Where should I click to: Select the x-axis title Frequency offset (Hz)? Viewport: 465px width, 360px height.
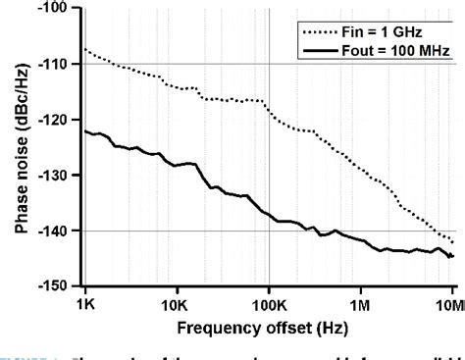click(269, 323)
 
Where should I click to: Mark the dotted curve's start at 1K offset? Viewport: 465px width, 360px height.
click(85, 49)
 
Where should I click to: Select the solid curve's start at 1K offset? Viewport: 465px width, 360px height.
click(85, 130)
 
